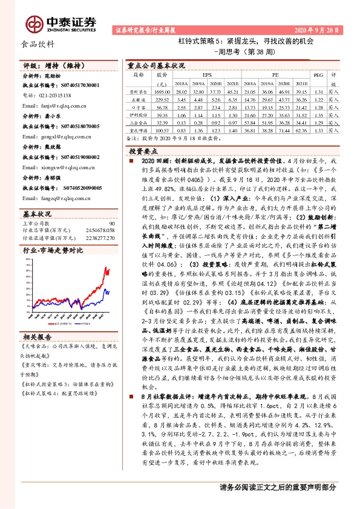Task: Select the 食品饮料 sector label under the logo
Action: click(38, 44)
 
